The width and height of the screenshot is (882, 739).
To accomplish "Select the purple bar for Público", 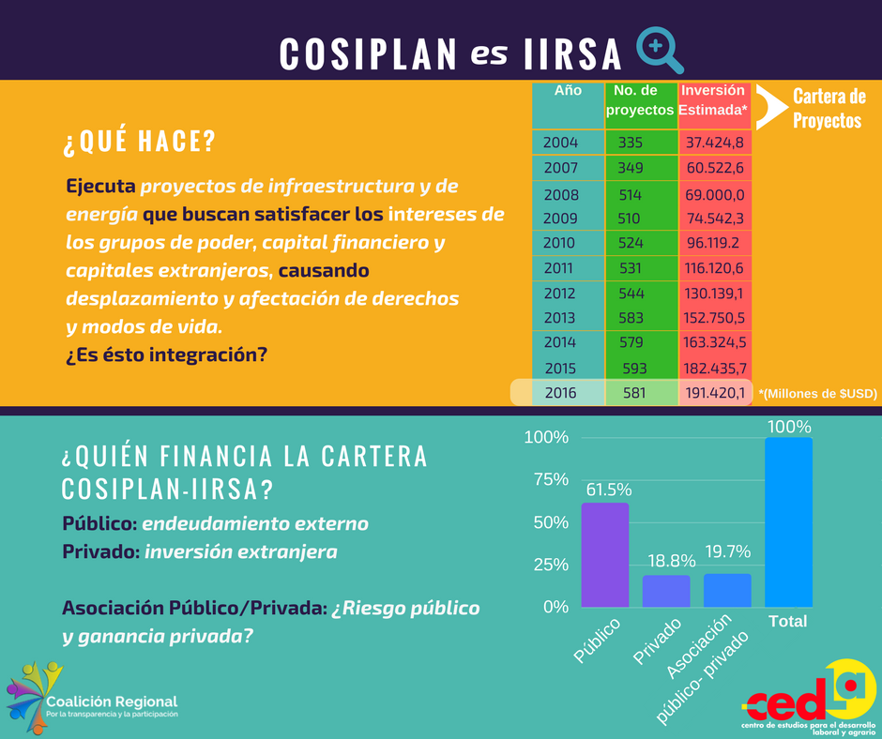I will tap(605, 554).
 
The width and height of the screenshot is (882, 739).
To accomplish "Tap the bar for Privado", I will tap(666, 591).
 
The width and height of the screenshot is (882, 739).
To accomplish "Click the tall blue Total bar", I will tap(788, 521).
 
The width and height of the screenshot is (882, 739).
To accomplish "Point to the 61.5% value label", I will tap(609, 490).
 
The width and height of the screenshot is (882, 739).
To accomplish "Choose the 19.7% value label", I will tap(727, 551).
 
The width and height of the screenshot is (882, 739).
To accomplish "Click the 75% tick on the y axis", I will tap(547, 479).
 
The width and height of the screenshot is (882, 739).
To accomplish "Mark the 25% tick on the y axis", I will tap(547, 564).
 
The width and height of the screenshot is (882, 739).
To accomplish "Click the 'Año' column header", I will tap(568, 91).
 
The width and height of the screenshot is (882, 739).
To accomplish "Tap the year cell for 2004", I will tap(561, 143).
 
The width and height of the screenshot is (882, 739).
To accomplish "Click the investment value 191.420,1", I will tap(716, 394).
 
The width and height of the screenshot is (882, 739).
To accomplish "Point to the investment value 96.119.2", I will tap(714, 242).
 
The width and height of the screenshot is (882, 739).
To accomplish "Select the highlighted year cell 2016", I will tap(561, 394).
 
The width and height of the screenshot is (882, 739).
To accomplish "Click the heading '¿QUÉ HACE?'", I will tap(139, 143).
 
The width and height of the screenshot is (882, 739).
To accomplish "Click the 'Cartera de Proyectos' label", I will tap(828, 109).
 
